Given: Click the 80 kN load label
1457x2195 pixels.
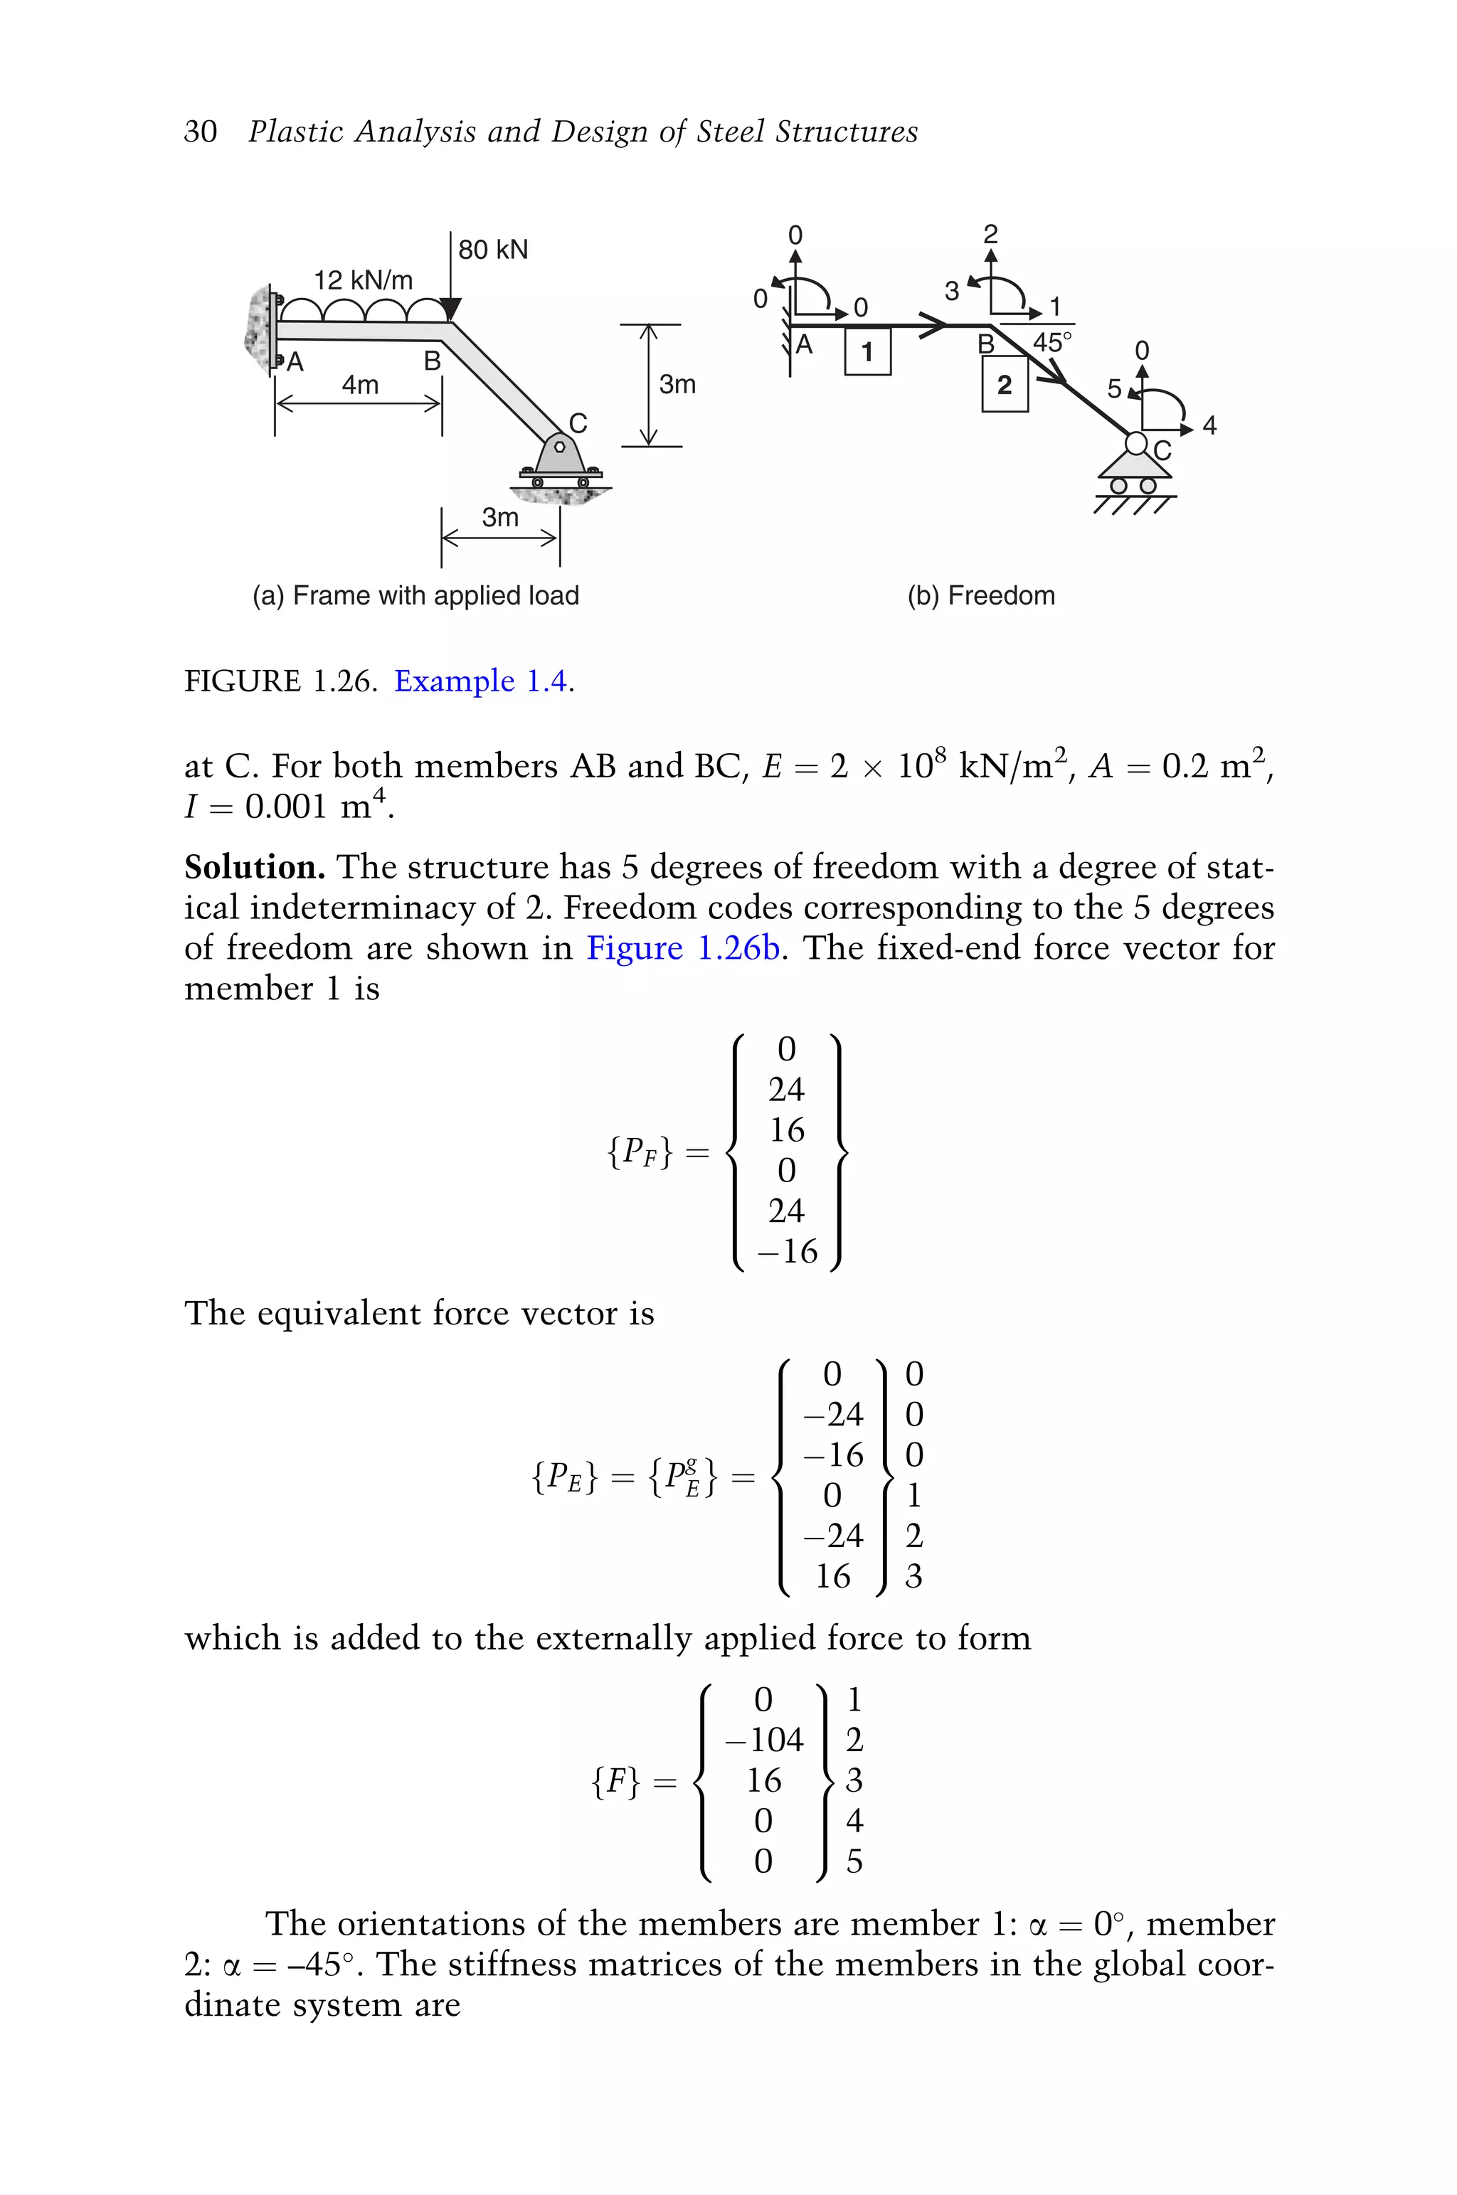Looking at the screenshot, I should pyautogui.click(x=492, y=249).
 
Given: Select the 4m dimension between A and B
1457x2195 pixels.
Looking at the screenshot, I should pyautogui.click(x=359, y=385).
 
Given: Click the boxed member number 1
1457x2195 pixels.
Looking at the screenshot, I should pyautogui.click(x=867, y=352).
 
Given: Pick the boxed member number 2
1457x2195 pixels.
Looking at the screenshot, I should pyautogui.click(x=1004, y=385).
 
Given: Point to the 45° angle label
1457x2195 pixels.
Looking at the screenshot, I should pyautogui.click(x=1052, y=342).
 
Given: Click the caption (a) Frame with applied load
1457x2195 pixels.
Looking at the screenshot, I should pyautogui.click(x=415, y=595).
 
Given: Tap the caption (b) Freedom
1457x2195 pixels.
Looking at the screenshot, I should pyautogui.click(x=980, y=595).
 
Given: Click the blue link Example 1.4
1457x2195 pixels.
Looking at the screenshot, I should pyautogui.click(x=482, y=681).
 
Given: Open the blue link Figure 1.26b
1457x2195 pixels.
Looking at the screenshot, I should pyautogui.click(x=683, y=947).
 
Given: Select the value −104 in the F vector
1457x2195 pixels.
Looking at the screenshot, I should pyautogui.click(x=764, y=1739).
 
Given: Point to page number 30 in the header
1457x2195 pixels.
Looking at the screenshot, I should pyautogui.click(x=200, y=131).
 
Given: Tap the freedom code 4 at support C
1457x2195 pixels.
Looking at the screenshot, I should pyautogui.click(x=1209, y=425).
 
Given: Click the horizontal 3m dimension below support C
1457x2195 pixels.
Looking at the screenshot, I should pyautogui.click(x=500, y=517).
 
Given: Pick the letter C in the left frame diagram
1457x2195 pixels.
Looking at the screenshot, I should pyautogui.click(x=578, y=424).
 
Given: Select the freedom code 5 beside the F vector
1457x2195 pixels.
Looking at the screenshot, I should pyautogui.click(x=854, y=1861).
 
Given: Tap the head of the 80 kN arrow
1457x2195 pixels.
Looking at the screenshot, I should pyautogui.click(x=450, y=309).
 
